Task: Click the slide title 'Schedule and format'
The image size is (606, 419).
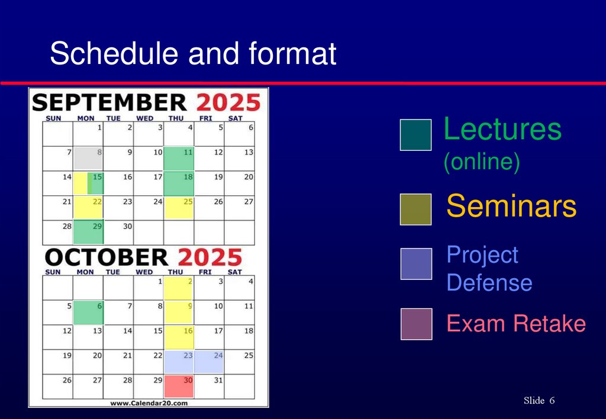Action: tap(193, 54)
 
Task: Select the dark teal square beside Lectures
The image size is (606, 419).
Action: tap(415, 135)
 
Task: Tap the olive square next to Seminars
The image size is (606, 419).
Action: tap(415, 209)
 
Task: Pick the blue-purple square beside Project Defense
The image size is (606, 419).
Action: tap(416, 263)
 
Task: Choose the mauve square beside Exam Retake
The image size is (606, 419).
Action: tap(416, 324)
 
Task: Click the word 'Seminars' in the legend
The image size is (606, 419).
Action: tap(511, 207)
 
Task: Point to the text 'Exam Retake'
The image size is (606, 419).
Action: tap(516, 324)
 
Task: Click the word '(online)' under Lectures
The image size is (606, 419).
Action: tap(482, 162)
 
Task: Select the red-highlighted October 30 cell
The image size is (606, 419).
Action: tap(179, 386)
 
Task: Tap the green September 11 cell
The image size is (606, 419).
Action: tap(179, 159)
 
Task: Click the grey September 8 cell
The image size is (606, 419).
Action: tap(88, 159)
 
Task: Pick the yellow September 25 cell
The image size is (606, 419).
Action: tap(179, 208)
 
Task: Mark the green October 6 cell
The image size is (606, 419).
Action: tap(88, 312)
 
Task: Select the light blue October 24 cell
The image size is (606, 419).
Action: tap(209, 362)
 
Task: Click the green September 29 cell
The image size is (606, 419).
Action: tap(88, 232)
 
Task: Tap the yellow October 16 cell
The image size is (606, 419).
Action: tap(179, 337)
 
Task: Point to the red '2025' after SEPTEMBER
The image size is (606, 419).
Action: tap(228, 102)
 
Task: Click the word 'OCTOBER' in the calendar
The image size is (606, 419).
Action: tap(107, 257)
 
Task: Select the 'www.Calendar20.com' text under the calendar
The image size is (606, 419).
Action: tap(149, 403)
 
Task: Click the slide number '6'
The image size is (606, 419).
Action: tap(552, 401)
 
